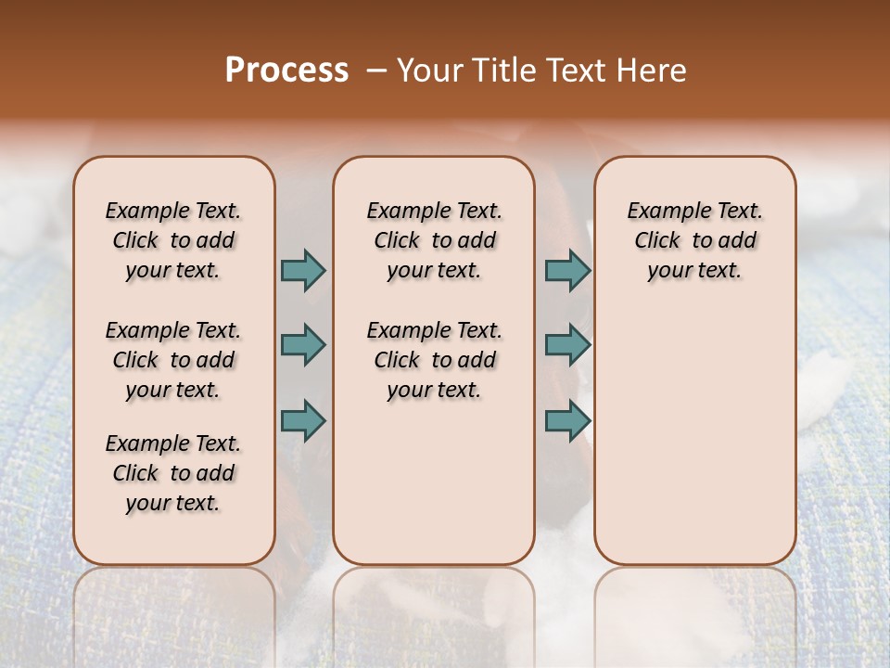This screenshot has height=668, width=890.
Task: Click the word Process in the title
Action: [286, 71]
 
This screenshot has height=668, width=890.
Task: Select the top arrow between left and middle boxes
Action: [303, 270]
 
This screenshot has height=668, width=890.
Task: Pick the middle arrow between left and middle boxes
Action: [303, 345]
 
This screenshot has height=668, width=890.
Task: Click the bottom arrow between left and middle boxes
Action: [303, 420]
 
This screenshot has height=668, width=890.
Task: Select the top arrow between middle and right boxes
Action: [567, 270]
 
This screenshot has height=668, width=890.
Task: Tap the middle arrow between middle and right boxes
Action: [567, 345]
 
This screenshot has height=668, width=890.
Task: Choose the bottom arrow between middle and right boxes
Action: [567, 420]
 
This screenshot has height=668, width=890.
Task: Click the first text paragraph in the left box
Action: [173, 240]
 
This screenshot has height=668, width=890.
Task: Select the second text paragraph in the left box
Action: [173, 360]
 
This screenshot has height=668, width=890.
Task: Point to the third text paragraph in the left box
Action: [173, 473]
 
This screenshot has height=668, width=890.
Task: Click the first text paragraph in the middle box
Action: [435, 240]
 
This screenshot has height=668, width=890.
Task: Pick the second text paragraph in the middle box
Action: [435, 360]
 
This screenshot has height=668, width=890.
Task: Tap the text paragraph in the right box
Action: [695, 240]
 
